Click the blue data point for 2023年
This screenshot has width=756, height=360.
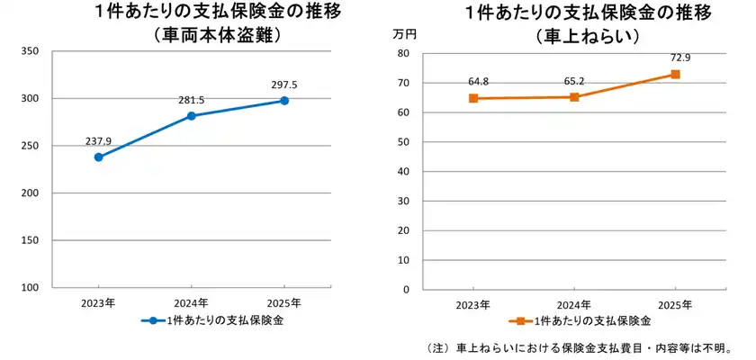coord(98,157)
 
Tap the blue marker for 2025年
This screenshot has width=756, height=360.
coord(284,101)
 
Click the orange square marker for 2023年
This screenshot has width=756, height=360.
coord(473,98)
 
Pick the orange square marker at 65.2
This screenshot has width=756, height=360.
coord(574,97)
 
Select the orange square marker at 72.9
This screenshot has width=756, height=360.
coord(675,75)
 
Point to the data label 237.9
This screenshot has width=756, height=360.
coord(98,141)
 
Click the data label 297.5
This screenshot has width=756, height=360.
coord(284,85)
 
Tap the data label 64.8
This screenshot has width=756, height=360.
coord(478,82)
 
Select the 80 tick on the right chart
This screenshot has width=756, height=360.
coord(404,54)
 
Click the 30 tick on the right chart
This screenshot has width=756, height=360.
coord(404,202)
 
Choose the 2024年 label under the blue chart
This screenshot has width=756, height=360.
coord(191,302)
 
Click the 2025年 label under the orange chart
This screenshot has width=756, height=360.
coord(675,304)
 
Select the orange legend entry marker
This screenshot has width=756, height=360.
coord(519,321)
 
